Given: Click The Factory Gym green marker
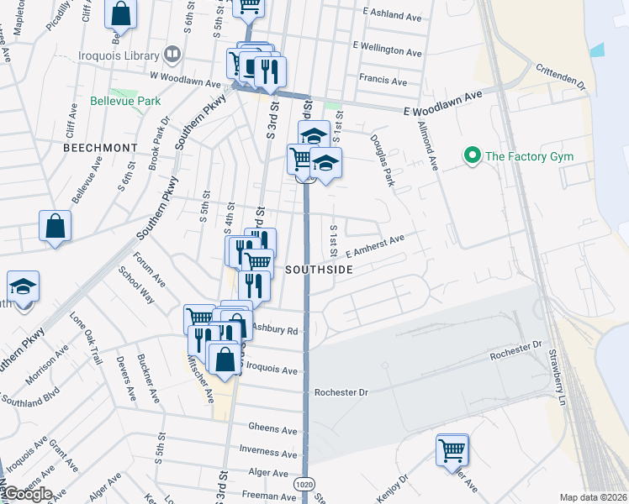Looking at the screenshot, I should tap(472, 155).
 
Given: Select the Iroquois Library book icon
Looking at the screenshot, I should tap(172, 55).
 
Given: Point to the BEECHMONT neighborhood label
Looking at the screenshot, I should tap(100, 147).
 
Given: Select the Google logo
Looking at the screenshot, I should tap(28, 493).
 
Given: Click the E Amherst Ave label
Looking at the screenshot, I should tap(374, 244).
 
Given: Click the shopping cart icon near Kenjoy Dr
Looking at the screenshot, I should tap(452, 449).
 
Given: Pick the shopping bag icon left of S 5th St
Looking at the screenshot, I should tap(55, 226).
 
